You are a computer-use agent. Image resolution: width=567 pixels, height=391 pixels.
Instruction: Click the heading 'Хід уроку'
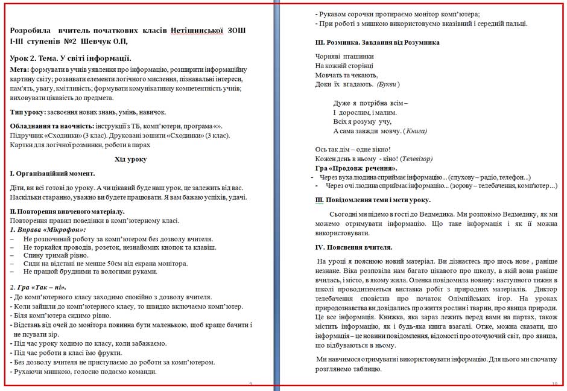pos(130,159)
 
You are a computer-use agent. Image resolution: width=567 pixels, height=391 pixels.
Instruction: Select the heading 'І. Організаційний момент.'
pos(56,173)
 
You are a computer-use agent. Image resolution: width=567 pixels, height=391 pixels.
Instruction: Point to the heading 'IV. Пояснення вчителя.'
pos(353,247)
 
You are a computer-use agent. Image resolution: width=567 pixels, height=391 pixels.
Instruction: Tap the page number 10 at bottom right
pos(554,384)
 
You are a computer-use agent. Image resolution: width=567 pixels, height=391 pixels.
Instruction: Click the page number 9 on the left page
pos(250,384)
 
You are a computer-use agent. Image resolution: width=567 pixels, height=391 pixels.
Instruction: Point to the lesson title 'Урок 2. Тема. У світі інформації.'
pos(71,58)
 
